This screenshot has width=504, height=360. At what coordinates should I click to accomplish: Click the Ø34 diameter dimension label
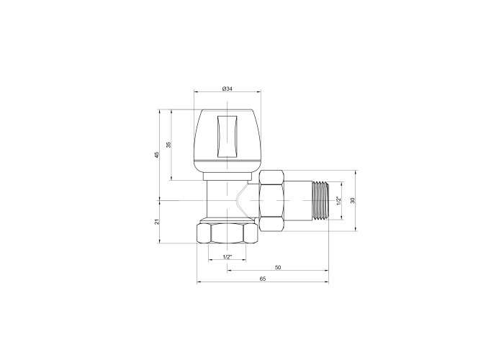coord(228,89)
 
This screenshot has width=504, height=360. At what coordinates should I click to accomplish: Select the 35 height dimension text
coord(168,145)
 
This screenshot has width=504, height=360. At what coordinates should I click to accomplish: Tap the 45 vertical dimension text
coord(157,155)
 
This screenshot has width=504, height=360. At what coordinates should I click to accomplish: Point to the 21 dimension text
coord(157,222)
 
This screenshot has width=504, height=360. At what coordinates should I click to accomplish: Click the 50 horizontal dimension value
coord(278,267)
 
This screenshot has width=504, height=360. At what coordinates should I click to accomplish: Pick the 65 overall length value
coord(263,279)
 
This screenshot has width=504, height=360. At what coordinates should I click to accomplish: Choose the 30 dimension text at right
coord(353,200)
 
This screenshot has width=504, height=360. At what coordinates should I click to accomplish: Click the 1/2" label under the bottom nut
coord(228,257)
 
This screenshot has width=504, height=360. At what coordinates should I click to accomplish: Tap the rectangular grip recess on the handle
coord(228,136)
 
